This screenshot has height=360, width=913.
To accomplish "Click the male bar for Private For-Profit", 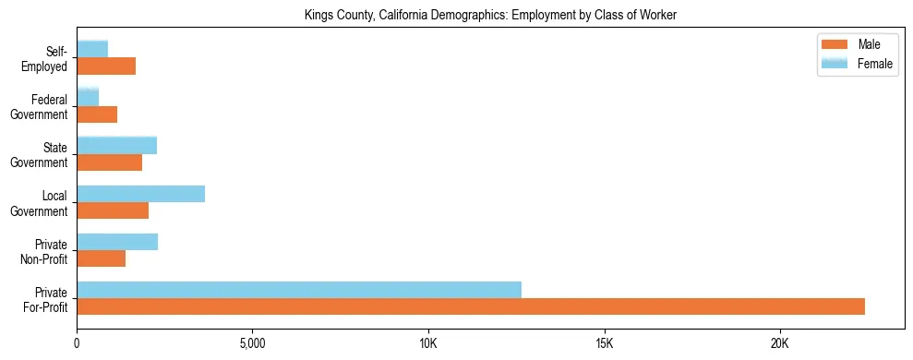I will [471, 306].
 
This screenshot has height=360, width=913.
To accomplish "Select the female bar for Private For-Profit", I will [299, 290].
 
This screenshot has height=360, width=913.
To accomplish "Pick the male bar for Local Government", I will [113, 210].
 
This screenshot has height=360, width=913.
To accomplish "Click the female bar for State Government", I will [116, 146].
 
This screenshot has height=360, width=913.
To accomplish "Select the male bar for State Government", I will [109, 162].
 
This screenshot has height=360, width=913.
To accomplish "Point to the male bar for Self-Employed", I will [106, 66].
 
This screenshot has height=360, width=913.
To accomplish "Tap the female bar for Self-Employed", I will [92, 49].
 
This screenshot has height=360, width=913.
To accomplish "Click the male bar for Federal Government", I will [97, 114].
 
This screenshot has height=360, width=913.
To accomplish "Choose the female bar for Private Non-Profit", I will [117, 242].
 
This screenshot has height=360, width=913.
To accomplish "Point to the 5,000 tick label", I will [252, 344].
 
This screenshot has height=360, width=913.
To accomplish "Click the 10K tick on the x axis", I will [428, 344].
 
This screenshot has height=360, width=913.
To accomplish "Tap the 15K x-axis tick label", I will [604, 344].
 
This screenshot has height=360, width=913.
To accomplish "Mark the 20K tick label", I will [780, 344].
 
